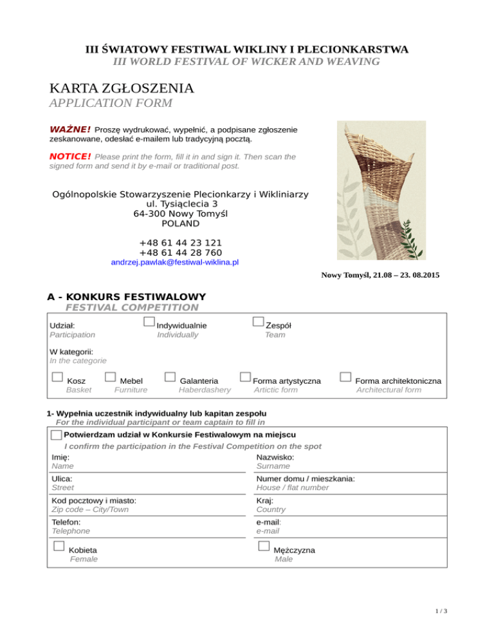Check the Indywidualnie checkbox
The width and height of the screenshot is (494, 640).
point(149,321)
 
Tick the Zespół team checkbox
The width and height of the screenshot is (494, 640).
point(259,321)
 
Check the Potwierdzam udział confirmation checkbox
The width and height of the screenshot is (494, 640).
point(56,435)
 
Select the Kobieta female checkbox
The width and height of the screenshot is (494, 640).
point(59,546)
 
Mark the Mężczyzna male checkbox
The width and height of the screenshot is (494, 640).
point(263,546)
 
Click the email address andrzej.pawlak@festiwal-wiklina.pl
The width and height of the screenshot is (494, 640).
point(175,263)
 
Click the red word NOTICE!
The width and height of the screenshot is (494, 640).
point(70,156)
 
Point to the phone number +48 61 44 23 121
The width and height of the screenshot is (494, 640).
point(181,243)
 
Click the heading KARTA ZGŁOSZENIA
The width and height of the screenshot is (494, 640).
point(122,88)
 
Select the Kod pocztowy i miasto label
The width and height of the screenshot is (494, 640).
point(93,500)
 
